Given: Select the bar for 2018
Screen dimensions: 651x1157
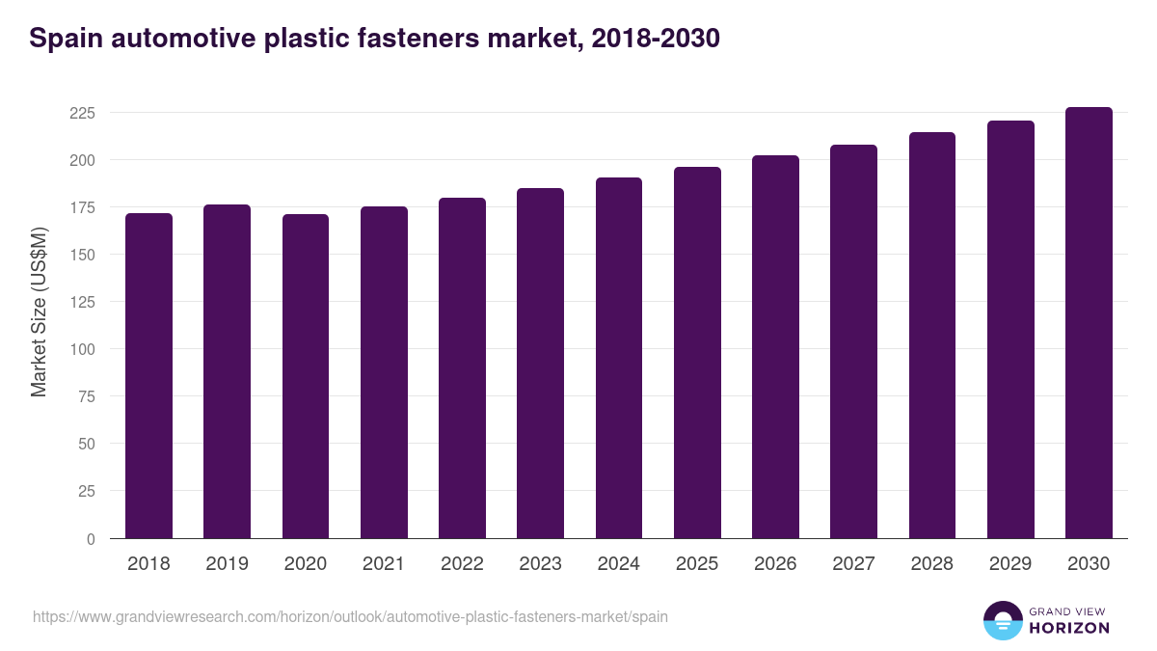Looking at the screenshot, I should pyautogui.click(x=148, y=376).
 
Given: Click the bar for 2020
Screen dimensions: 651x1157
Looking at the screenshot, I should pyautogui.click(x=306, y=376).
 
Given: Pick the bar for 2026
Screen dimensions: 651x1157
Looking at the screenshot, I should pyautogui.click(x=775, y=347).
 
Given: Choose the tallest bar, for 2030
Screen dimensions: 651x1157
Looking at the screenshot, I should pyautogui.click(x=1089, y=323).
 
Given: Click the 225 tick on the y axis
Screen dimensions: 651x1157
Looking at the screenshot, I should pyautogui.click(x=82, y=113).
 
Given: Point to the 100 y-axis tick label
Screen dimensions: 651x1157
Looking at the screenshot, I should pyautogui.click(x=82, y=349).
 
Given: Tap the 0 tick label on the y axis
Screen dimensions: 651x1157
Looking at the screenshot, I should pyautogui.click(x=91, y=538).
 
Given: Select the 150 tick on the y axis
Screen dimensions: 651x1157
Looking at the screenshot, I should pyautogui.click(x=82, y=255).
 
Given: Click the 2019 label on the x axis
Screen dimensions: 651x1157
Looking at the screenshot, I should pyautogui.click(x=227, y=564).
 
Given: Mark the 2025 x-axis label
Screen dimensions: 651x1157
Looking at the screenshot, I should pyautogui.click(x=697, y=564).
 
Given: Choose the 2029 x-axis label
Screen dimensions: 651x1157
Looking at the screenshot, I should pyautogui.click(x=1010, y=564).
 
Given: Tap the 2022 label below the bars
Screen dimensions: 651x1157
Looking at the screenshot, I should pyautogui.click(x=462, y=564).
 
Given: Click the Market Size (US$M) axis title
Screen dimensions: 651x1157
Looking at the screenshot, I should pyautogui.click(x=39, y=312).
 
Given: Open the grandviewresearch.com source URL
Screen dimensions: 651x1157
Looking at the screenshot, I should pyautogui.click(x=350, y=616).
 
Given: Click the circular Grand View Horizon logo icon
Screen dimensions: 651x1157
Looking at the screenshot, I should pyautogui.click(x=1003, y=620).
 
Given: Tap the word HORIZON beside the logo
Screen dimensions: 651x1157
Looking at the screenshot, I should pyautogui.click(x=1069, y=628).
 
